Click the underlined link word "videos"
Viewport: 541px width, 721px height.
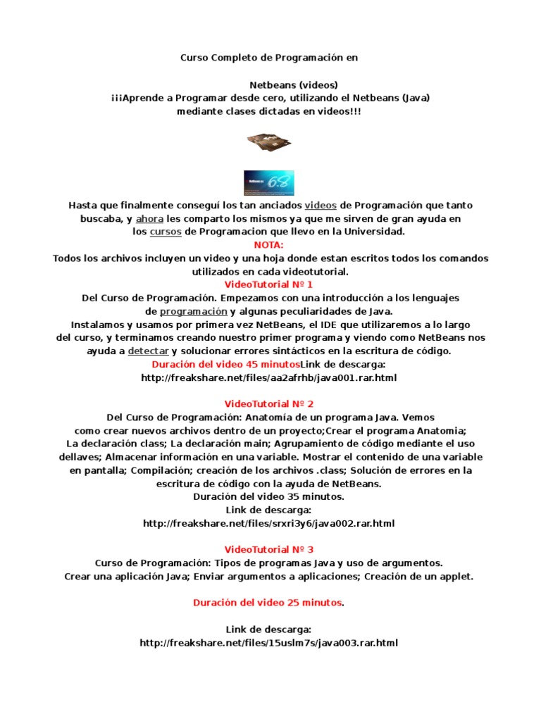coord(320,205)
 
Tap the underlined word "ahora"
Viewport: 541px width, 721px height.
coord(149,218)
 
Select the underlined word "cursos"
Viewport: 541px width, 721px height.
coord(166,231)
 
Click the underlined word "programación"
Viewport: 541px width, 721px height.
coord(193,311)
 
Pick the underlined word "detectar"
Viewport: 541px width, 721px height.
coord(148,351)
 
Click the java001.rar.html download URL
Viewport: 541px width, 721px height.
coord(268,377)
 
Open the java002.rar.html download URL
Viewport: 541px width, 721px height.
coord(268,523)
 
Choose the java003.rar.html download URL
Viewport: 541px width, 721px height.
coord(268,642)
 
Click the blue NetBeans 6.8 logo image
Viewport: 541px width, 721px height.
coord(268,182)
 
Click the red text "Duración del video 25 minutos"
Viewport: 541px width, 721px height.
coord(268,603)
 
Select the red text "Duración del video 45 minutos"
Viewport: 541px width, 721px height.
coord(225,364)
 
